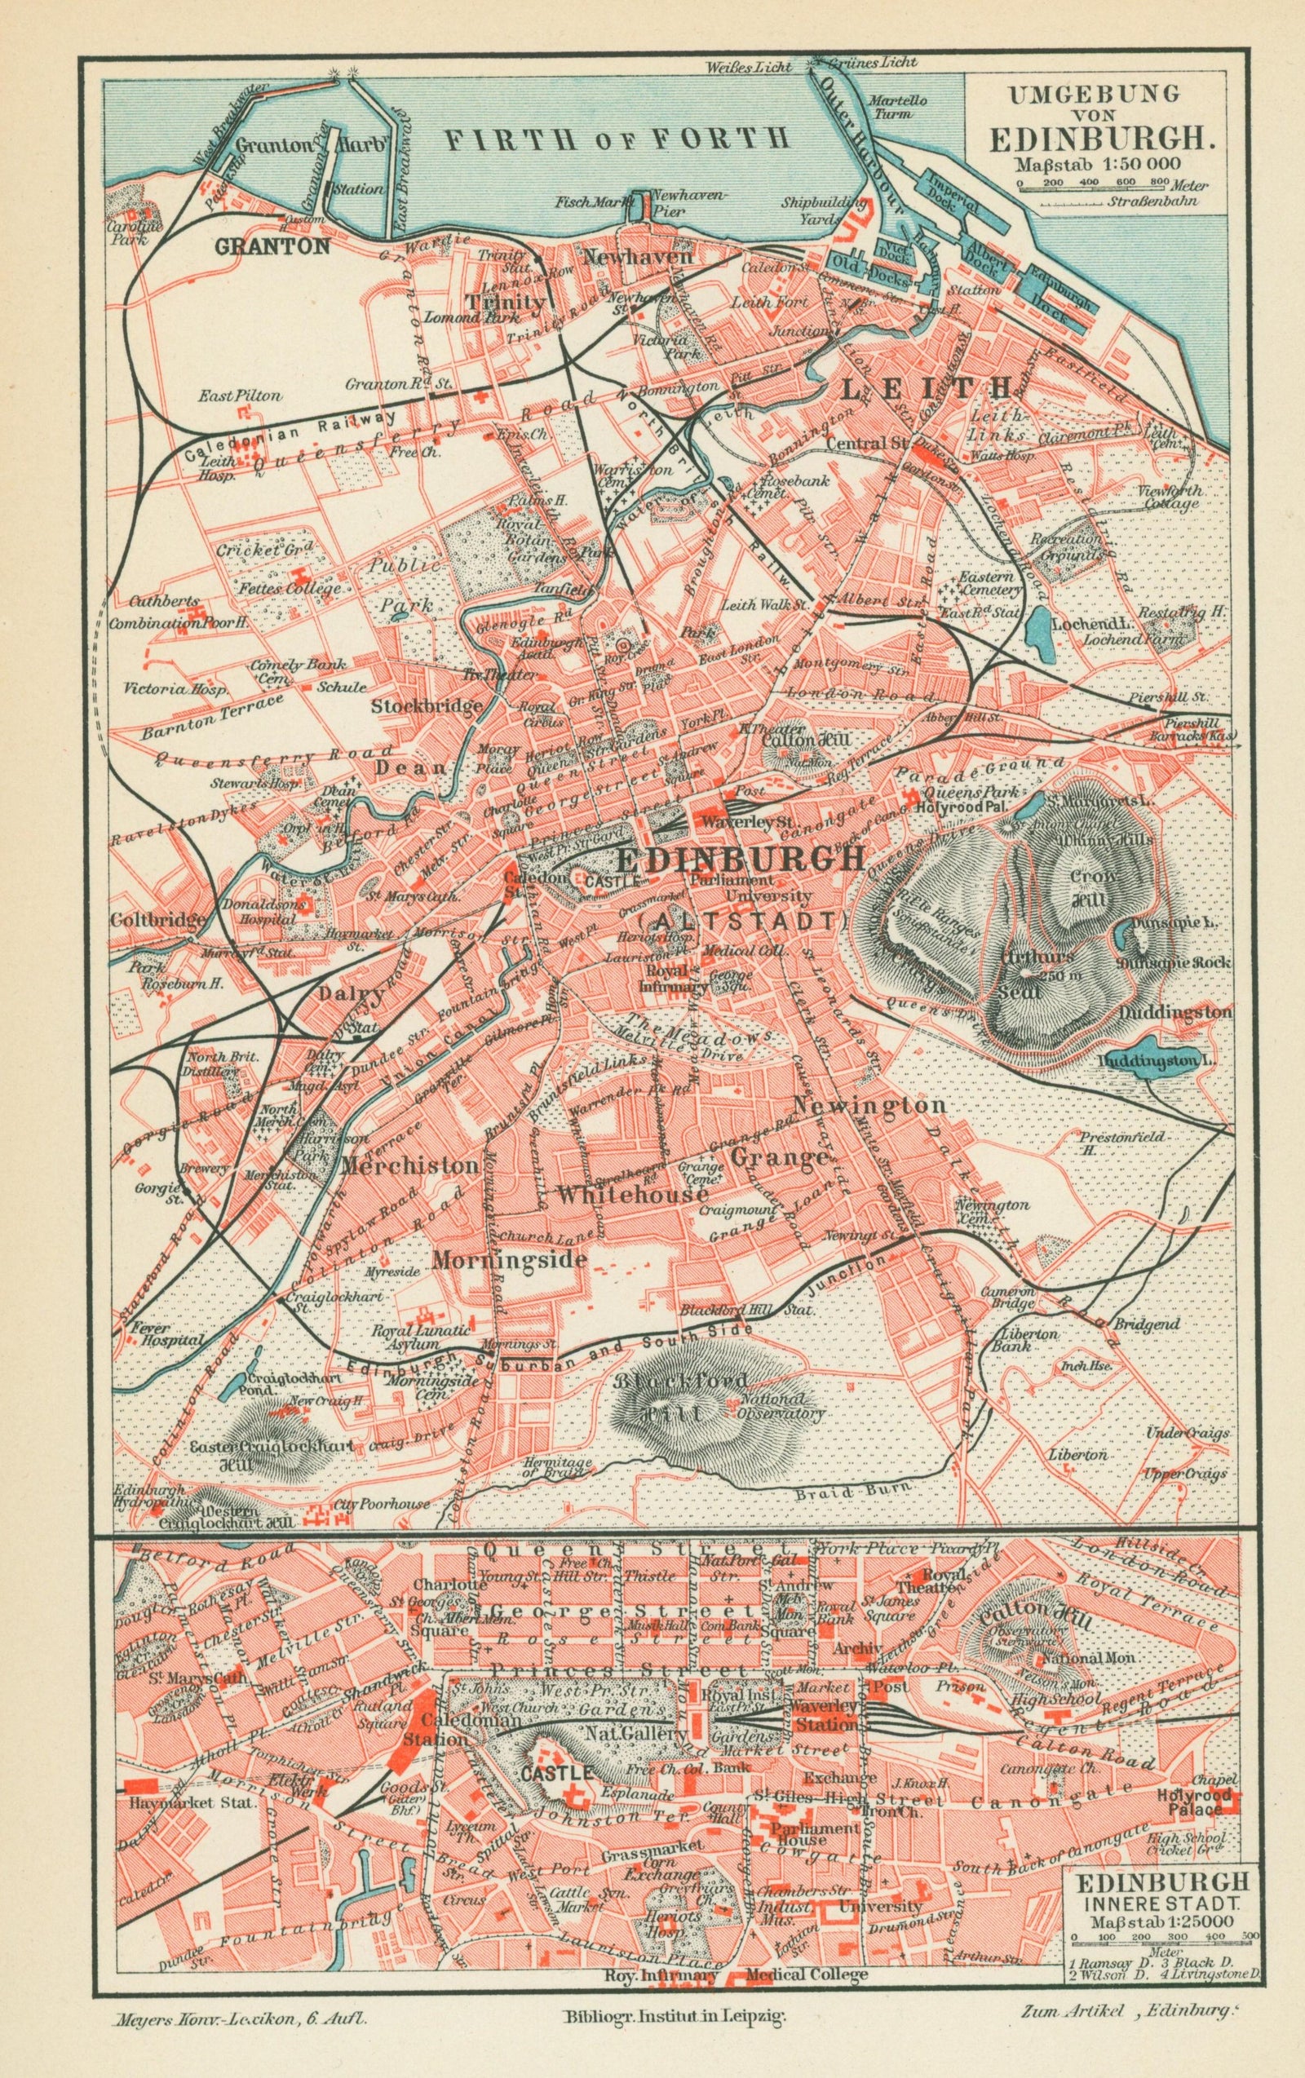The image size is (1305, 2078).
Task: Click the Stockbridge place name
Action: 426,707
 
